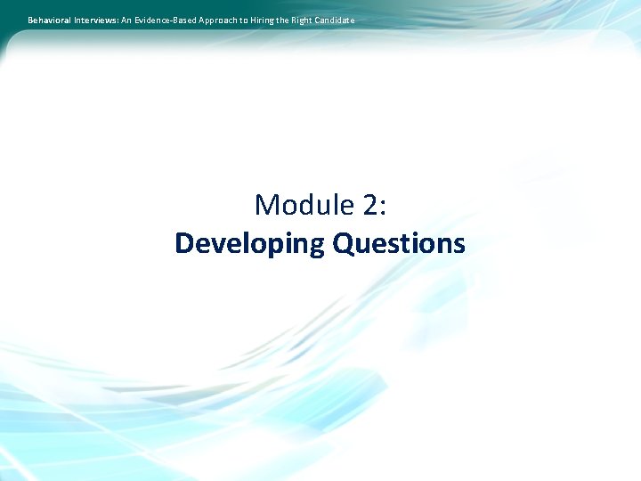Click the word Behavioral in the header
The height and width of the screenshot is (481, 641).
(49, 20)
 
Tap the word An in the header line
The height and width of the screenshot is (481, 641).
(125, 20)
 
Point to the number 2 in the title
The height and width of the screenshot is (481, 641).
(369, 206)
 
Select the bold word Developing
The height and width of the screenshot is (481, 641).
(249, 243)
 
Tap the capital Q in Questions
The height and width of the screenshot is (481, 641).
(343, 243)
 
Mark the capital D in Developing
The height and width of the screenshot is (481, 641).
(184, 243)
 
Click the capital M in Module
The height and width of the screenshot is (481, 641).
(268, 206)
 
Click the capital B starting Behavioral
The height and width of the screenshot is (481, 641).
(30, 20)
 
